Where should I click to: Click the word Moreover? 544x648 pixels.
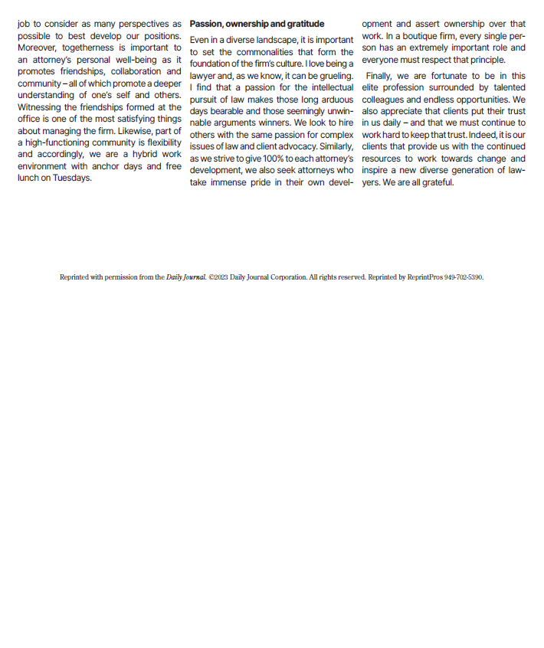(x=38, y=47)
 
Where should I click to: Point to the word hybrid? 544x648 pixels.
(x=143, y=154)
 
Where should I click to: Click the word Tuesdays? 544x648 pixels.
(x=72, y=178)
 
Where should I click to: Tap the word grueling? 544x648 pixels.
(x=334, y=76)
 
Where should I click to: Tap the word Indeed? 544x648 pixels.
(x=481, y=135)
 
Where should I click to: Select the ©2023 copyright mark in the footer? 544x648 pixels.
(x=218, y=277)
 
